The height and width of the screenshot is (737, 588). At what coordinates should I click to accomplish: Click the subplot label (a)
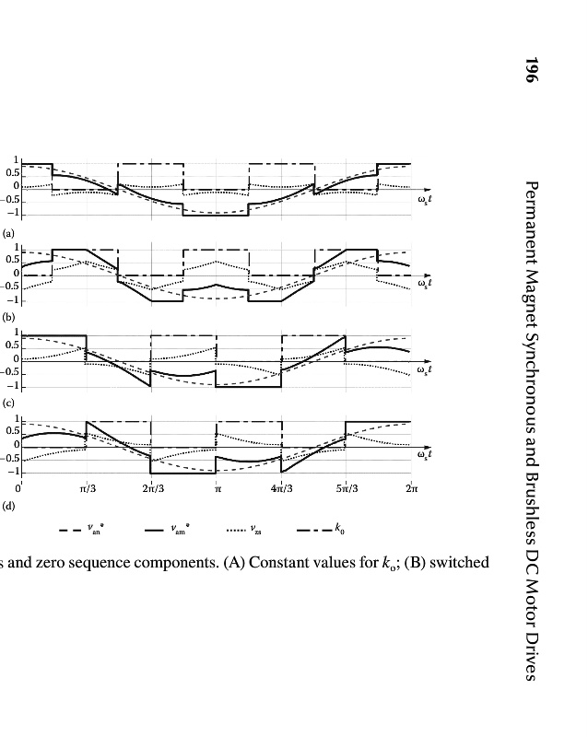point(9,234)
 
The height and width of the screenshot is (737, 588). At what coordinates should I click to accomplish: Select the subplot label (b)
point(9,315)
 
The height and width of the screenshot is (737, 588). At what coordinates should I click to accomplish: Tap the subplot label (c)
point(9,404)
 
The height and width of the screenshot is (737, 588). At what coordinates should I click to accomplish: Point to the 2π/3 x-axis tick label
point(153,488)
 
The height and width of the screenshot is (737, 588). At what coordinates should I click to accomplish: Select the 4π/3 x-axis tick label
point(281,488)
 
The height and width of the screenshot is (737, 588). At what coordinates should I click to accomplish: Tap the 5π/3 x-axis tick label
point(346,488)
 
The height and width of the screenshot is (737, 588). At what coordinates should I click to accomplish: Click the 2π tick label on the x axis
point(411,488)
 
